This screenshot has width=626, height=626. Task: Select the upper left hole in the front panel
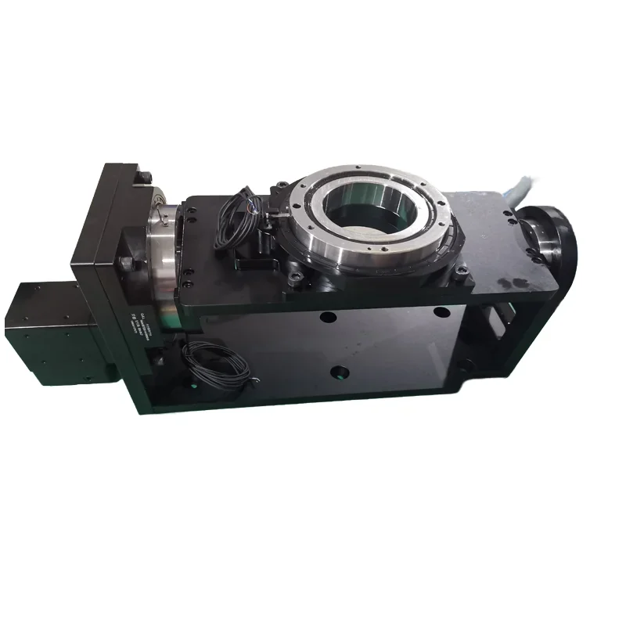coord(327,318)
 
